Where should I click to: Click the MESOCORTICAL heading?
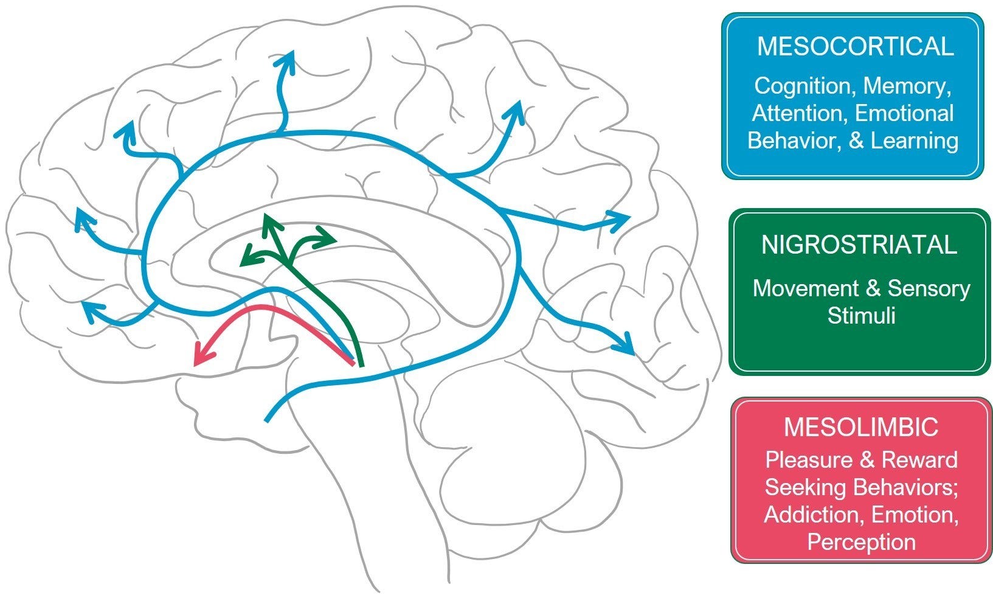tap(854, 47)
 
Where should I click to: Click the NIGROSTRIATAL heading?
tap(859, 245)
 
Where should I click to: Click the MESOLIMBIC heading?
tap(860, 427)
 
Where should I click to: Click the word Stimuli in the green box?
tap(861, 315)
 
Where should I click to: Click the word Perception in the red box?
tap(861, 541)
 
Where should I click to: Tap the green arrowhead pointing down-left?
tap(246, 259)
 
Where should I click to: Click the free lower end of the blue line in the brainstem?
tap(266, 420)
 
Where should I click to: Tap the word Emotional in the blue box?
tap(904, 113)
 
